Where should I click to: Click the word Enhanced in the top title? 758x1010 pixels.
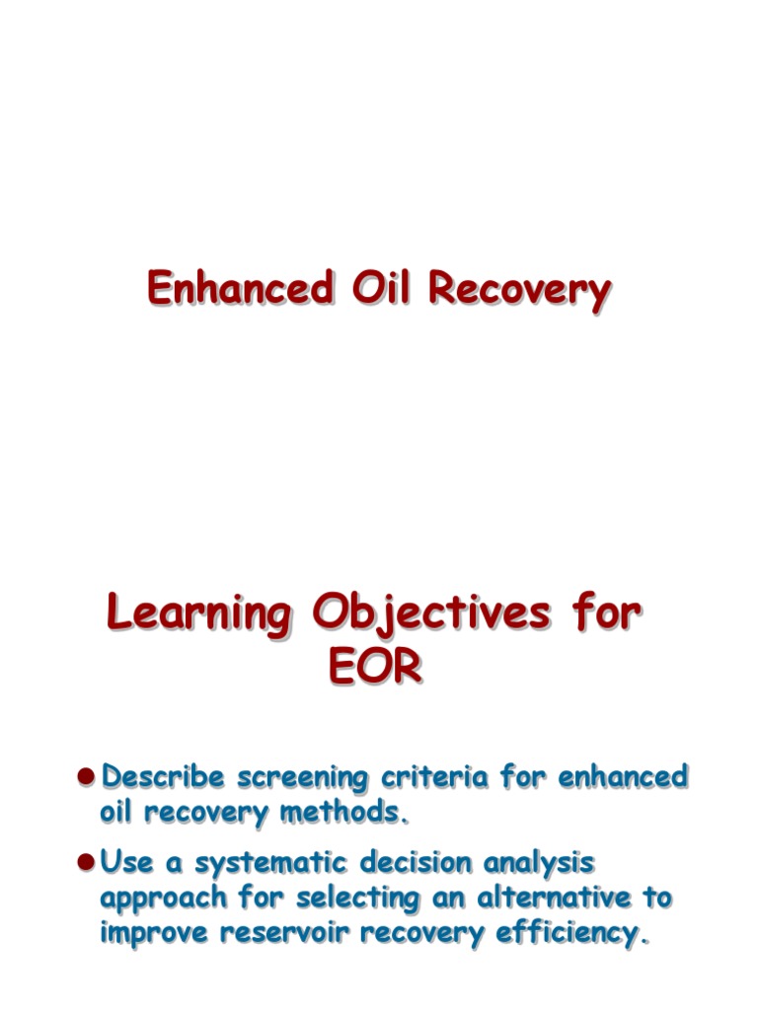tap(240, 289)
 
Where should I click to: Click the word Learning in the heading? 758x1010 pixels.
tap(198, 615)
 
